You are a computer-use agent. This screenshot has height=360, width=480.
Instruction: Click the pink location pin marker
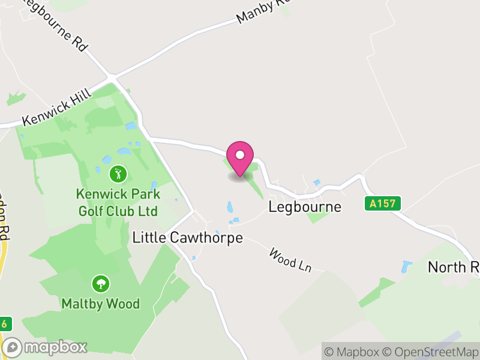(240, 158)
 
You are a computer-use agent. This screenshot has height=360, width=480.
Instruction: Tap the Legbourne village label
(305, 207)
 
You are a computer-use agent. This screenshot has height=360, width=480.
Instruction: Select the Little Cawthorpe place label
(187, 238)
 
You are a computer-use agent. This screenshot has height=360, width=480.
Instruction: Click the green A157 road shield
(382, 203)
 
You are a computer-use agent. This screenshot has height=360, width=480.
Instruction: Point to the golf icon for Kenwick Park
(118, 175)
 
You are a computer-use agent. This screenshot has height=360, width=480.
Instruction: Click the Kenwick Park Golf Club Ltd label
(118, 203)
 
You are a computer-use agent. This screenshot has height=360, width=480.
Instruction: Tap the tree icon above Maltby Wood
(100, 284)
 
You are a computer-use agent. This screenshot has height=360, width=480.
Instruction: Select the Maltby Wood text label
(100, 304)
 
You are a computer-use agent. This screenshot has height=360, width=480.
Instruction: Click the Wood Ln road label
(290, 260)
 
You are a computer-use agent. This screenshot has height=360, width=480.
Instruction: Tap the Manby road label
(263, 11)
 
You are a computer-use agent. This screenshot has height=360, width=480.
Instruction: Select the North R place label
(453, 267)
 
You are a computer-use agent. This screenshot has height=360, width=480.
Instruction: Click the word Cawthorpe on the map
(207, 238)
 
